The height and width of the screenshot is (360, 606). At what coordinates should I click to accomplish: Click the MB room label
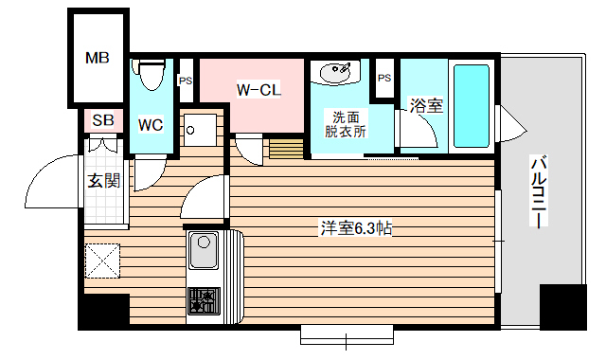pos(98,59)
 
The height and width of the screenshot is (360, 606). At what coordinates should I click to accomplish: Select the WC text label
pos(151,124)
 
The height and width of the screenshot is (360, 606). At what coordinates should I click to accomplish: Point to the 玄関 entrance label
pos(103,180)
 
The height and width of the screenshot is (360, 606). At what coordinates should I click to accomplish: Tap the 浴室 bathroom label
pos(426,106)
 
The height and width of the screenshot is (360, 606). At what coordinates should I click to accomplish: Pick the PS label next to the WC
pos(186,80)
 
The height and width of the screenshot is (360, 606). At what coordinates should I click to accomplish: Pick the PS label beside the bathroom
pos(384,78)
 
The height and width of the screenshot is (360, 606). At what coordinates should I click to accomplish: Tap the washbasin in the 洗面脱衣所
pos(337,73)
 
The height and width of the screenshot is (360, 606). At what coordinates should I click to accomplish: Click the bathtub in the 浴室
pos(471,106)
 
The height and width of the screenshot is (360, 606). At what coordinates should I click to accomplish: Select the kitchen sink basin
pos(204,252)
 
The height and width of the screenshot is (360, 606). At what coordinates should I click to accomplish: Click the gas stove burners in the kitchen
pos(203,300)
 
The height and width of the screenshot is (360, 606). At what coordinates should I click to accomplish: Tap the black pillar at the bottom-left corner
pos(103,312)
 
